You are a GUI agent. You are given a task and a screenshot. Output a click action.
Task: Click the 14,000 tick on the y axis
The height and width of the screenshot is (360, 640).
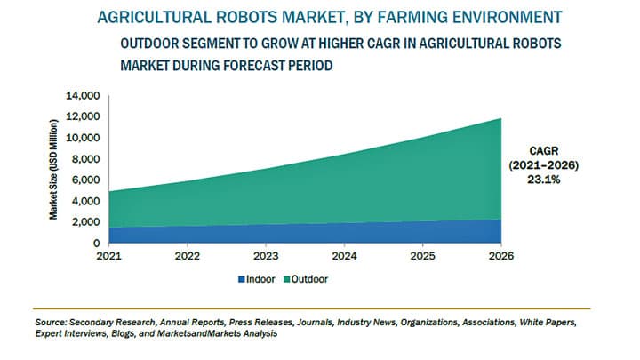pyautogui.click(x=84, y=94)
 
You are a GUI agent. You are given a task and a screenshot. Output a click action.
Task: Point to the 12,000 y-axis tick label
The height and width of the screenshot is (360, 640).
pyautogui.click(x=84, y=116)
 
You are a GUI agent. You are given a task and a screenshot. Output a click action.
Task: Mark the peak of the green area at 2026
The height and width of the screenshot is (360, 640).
pyautogui.click(x=501, y=118)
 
